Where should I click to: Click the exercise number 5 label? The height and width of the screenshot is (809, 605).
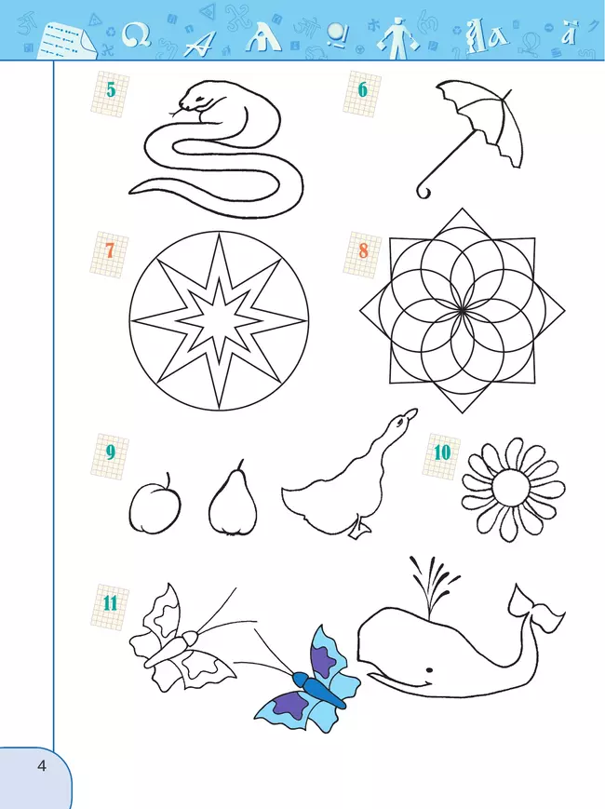tap(111, 89)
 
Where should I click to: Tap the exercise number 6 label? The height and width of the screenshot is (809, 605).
tap(363, 89)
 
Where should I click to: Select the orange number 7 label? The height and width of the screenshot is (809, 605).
tap(110, 250)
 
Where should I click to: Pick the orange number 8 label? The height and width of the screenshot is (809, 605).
tap(364, 250)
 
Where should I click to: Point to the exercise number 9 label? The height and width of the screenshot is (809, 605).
tap(111, 452)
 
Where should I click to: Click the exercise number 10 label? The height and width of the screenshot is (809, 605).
tap(442, 453)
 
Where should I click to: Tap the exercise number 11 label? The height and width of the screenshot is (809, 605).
tap(110, 602)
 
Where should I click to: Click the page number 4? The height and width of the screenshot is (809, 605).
tap(42, 765)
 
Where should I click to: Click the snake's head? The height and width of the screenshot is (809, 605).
tap(195, 98)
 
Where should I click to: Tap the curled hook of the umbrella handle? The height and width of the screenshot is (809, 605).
tap(423, 191)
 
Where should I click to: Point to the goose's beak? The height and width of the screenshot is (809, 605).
tap(410, 413)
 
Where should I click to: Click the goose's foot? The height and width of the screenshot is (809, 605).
tap(359, 529)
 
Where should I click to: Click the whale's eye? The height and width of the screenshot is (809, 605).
tap(429, 670)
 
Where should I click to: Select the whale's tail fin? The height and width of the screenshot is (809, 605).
tap(536, 608)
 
